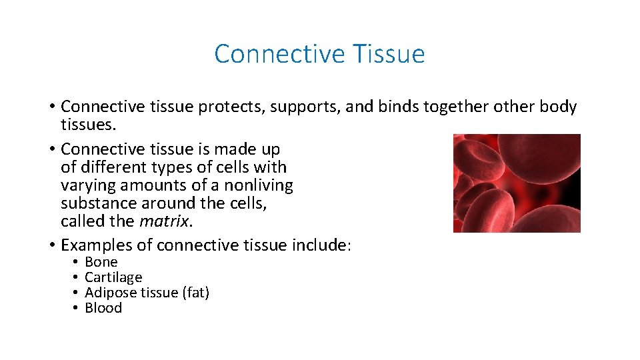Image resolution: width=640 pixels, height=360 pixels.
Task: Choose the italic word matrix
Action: (x=159, y=221)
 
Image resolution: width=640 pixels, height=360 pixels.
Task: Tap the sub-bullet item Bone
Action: (x=101, y=262)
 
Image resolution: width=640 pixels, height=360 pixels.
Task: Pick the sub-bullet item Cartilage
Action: (x=113, y=277)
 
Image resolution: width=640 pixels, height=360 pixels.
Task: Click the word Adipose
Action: (x=110, y=293)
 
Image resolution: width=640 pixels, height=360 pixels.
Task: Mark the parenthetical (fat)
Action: (x=195, y=293)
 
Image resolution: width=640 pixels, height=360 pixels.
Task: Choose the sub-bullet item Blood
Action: (x=103, y=308)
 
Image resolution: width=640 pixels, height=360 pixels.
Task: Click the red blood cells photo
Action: (x=517, y=183)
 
